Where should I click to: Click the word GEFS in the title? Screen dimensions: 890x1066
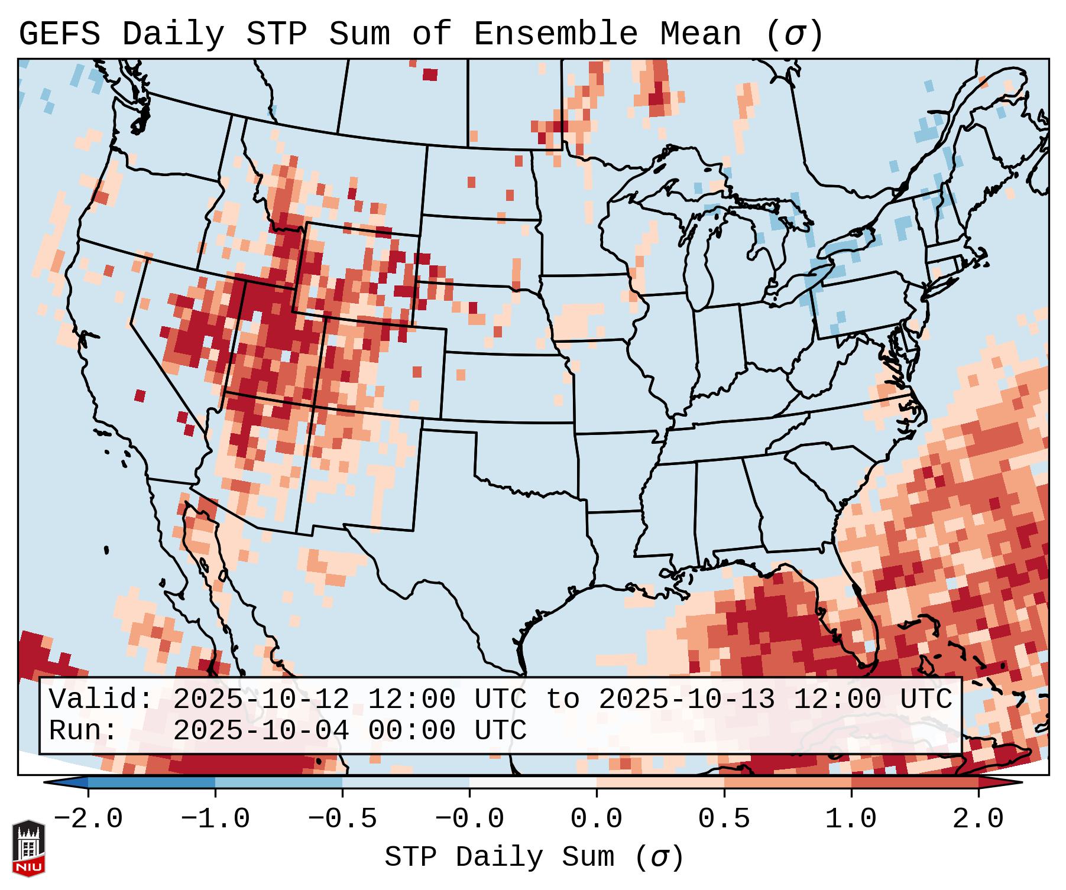(59, 34)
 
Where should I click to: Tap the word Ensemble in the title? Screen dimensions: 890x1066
(555, 34)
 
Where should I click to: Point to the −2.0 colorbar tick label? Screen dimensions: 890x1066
(88, 819)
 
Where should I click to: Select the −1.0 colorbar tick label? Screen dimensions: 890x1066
(215, 819)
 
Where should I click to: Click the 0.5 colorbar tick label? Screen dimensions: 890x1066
(724, 819)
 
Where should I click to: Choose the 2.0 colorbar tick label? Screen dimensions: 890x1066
(978, 819)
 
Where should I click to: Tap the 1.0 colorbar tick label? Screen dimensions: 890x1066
(851, 819)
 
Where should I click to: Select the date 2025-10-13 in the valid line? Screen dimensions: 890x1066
(686, 700)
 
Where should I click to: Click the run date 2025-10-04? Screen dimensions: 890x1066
(261, 731)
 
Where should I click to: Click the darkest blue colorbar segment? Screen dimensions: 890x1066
(151, 782)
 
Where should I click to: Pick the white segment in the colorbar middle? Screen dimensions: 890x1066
(533, 782)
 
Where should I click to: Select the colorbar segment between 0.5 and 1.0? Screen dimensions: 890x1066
(788, 782)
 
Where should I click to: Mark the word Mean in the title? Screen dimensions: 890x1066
(700, 34)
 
